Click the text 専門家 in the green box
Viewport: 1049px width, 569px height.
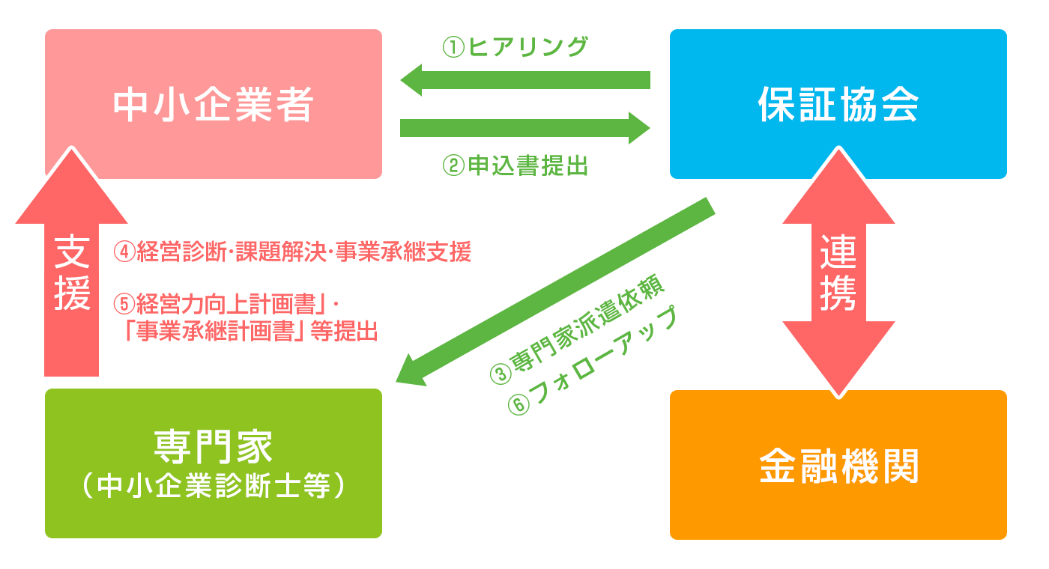click(213, 446)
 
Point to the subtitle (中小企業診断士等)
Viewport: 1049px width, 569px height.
click(213, 486)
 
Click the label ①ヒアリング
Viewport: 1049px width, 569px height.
click(515, 47)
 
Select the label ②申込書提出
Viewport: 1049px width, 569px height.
click(515, 165)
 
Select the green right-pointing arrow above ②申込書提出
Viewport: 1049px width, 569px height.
click(524, 127)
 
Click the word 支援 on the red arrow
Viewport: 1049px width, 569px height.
click(72, 274)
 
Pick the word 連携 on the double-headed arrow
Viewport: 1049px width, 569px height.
click(838, 273)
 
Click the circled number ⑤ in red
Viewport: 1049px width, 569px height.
click(125, 303)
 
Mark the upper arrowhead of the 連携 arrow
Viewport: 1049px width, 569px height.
click(838, 183)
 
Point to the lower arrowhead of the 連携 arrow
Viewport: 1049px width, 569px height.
click(838, 363)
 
